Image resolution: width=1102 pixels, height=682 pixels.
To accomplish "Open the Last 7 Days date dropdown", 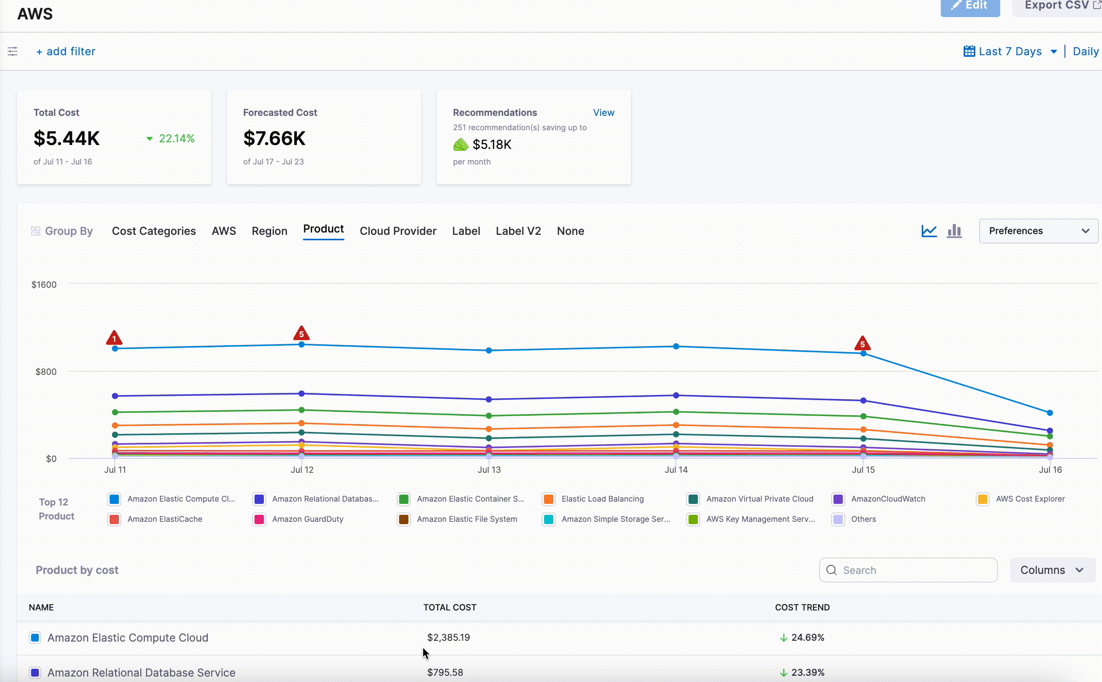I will click(1010, 51).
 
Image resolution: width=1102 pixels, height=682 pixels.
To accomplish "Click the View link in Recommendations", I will click(603, 112).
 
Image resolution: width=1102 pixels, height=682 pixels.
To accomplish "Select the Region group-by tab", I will click(269, 231).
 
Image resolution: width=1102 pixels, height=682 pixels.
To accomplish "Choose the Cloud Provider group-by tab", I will click(398, 231).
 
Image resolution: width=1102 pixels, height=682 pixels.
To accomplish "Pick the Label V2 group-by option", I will click(518, 231).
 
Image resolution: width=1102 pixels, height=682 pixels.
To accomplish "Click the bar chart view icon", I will click(954, 231).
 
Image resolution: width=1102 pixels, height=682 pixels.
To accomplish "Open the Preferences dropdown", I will click(1038, 231).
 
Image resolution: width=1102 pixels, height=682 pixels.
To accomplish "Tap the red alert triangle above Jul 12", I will click(302, 333).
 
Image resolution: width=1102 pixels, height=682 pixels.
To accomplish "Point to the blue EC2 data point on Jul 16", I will click(1050, 413).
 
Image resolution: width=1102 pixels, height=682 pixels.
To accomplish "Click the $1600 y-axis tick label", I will click(44, 285).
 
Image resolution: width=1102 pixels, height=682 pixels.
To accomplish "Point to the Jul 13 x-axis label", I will click(489, 470).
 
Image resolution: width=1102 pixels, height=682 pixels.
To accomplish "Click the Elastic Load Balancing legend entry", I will click(602, 499).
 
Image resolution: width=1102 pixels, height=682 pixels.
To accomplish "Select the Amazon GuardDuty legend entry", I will click(307, 519).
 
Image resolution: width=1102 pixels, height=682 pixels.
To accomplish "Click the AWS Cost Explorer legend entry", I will click(1030, 499).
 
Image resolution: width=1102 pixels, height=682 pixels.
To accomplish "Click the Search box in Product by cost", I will click(908, 570).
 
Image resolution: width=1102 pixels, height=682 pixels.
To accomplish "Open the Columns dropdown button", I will click(1051, 570).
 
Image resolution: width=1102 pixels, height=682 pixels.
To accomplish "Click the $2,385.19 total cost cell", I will click(448, 637).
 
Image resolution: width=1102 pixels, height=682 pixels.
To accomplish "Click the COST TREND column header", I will click(802, 607).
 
